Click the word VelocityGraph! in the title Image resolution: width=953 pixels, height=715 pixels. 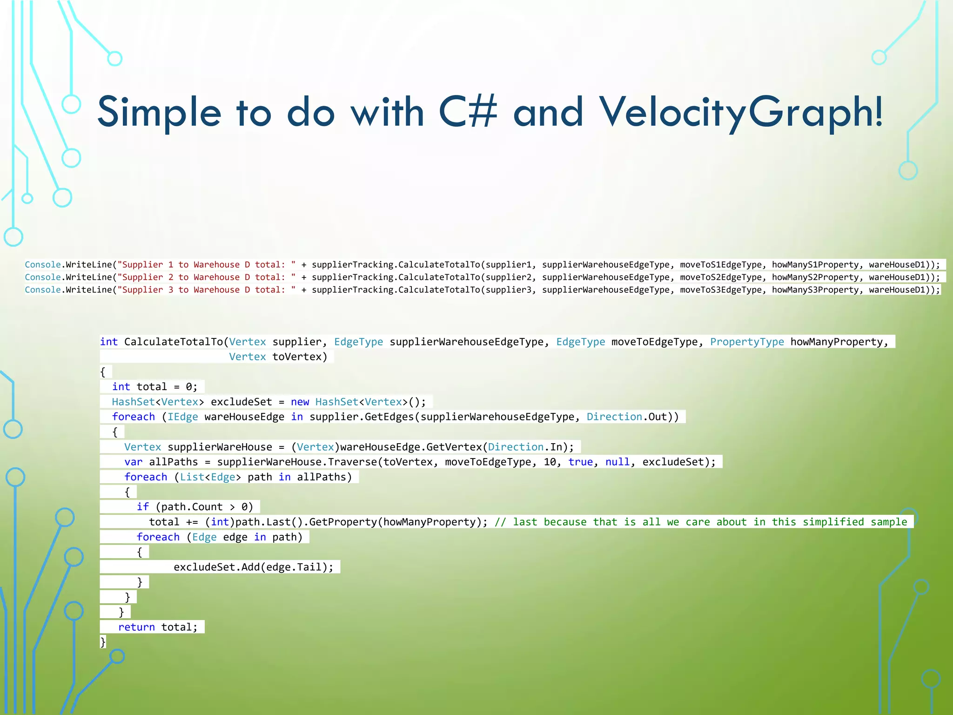741,113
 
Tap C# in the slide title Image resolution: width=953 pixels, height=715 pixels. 467,112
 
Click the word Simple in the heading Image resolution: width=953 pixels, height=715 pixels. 159,113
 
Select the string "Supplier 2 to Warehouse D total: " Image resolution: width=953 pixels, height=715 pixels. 207,277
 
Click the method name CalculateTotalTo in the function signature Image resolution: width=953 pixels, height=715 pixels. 173,342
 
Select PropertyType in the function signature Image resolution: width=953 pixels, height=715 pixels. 746,342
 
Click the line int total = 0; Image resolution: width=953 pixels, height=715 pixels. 154,387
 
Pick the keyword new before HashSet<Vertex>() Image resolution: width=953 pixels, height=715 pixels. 300,402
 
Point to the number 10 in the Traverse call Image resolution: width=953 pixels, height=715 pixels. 550,462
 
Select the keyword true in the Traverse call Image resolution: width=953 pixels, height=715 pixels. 580,462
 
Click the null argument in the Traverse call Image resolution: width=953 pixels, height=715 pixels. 617,462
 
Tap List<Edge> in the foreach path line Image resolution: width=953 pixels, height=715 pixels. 210,477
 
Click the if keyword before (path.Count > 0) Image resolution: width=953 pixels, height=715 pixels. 142,507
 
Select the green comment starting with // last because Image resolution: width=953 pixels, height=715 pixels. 700,522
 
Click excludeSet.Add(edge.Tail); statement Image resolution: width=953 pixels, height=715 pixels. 253,567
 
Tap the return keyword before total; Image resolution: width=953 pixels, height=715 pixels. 136,627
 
